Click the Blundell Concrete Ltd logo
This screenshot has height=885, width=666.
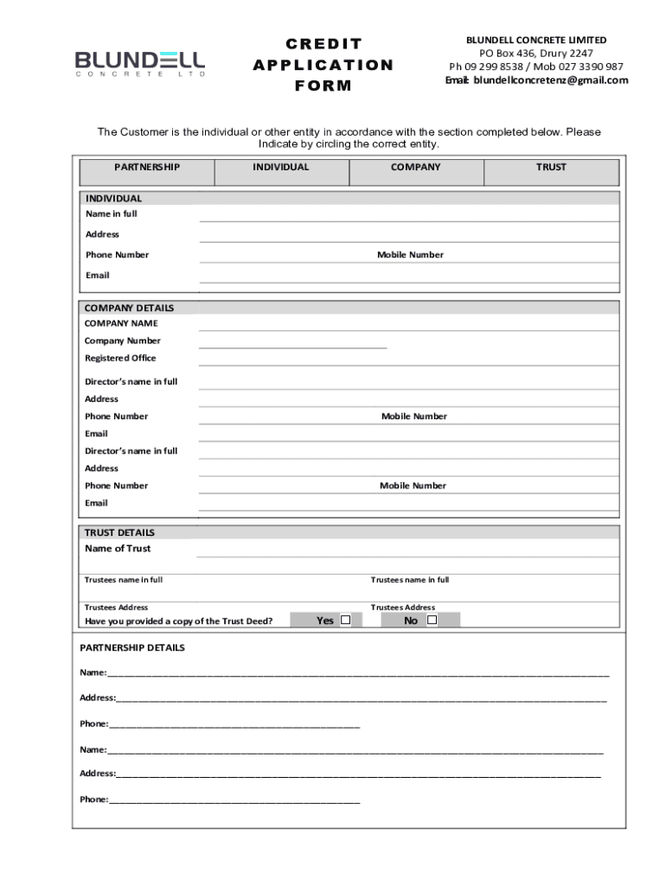coord(140,63)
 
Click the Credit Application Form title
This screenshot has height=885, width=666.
coord(323,65)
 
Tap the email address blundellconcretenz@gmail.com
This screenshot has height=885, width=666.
coord(536,80)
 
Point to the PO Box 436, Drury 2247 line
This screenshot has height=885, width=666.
coord(536,54)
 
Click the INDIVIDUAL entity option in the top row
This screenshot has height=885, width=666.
coord(280,168)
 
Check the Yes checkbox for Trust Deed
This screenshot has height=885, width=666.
coord(345,620)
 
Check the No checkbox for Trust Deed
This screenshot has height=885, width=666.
coord(432,620)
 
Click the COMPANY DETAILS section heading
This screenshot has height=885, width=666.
coord(129,308)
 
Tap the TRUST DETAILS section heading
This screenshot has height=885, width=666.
coord(119,532)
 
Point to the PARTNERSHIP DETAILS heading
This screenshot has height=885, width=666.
coord(132,647)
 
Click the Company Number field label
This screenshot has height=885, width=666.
coord(122,341)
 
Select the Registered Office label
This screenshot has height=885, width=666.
coord(120,358)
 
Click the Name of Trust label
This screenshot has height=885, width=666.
coord(118,549)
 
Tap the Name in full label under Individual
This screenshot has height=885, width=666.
coord(111,213)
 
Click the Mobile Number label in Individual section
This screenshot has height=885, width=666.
coord(410,255)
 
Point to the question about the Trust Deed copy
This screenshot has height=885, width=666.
coord(179,621)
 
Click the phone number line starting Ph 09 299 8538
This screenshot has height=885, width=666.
coord(536,67)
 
